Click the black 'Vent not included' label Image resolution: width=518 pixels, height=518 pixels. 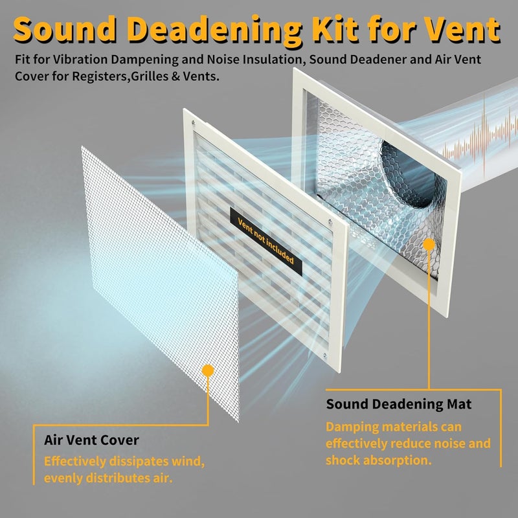click(x=266, y=242)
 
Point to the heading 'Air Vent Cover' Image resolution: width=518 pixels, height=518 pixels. click(x=91, y=440)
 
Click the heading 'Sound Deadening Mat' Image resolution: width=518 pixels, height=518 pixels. click(x=399, y=404)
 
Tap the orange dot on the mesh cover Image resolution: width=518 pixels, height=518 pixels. click(x=208, y=370)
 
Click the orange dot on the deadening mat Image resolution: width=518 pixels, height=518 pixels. click(x=429, y=245)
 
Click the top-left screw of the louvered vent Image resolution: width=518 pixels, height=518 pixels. click(x=193, y=124)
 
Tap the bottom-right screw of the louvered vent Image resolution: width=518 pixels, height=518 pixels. click(x=325, y=355)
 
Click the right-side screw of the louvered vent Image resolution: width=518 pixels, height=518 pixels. click(x=330, y=221)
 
